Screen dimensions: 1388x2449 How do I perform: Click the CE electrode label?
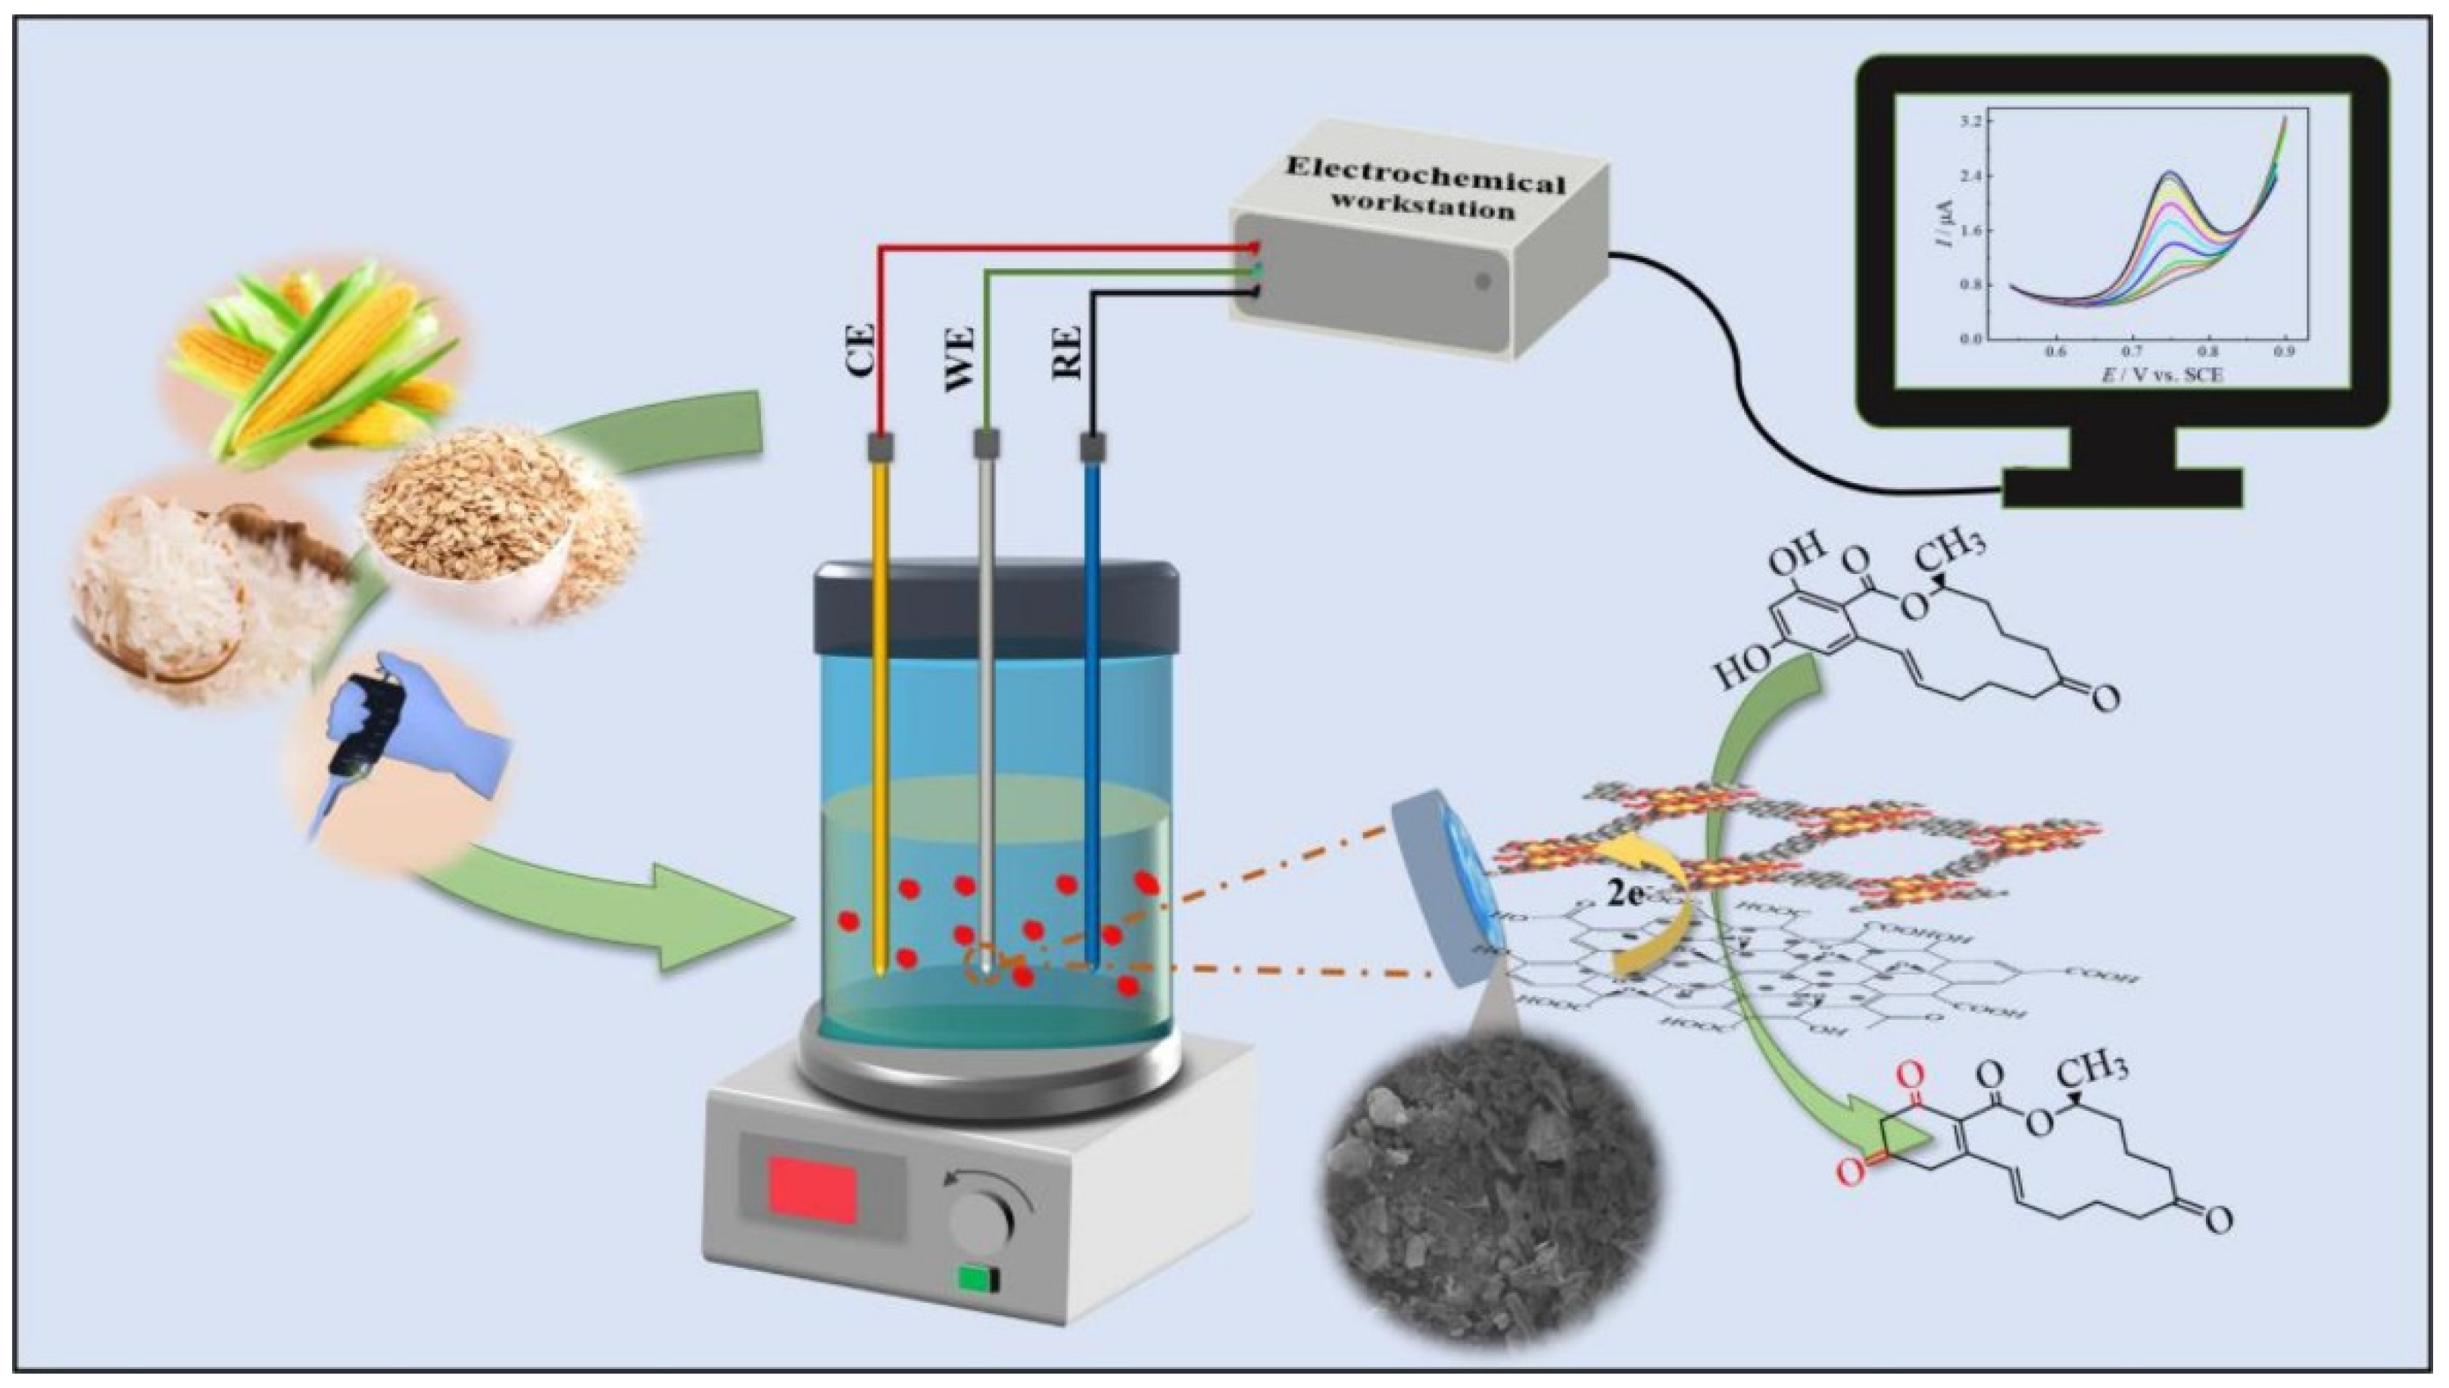[862, 352]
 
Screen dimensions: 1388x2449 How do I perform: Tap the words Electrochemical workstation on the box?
[1424, 195]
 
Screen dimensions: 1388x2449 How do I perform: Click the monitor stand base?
[2122, 489]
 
